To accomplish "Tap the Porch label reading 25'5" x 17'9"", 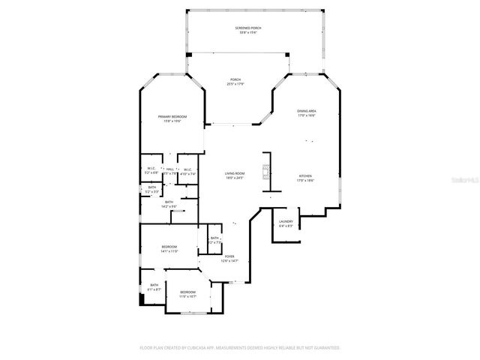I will (x=235, y=82).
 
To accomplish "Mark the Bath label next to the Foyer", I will (x=214, y=240).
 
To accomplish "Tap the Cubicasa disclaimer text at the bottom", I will (x=239, y=348).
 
